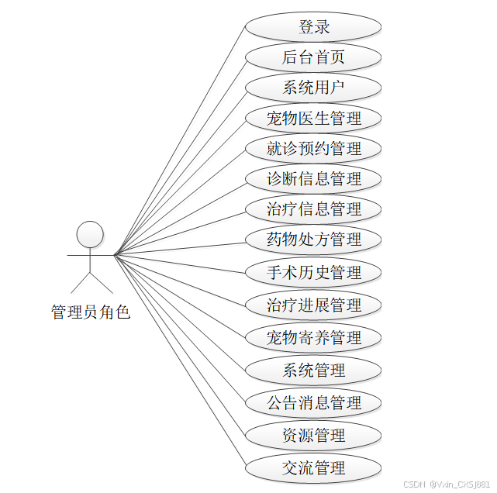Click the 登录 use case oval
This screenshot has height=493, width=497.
(x=313, y=27)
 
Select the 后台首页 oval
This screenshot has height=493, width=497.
(x=313, y=57)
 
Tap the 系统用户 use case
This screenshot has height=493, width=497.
(x=313, y=88)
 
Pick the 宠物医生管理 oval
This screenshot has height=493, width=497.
(x=313, y=119)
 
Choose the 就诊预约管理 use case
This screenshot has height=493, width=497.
(x=313, y=148)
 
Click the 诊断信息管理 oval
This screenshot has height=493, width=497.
(x=313, y=179)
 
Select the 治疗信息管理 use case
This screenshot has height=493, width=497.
(x=313, y=209)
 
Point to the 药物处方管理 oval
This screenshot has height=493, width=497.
(x=313, y=240)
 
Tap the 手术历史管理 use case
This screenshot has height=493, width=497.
(x=313, y=273)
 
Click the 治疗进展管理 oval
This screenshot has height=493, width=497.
(x=313, y=305)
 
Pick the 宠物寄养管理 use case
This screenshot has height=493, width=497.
(x=313, y=338)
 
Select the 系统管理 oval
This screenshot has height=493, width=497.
(x=313, y=371)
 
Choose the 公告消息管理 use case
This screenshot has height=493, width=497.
(x=313, y=403)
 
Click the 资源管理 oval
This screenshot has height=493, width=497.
(x=313, y=436)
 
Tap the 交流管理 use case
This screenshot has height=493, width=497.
(x=313, y=468)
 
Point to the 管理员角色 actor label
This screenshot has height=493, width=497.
(x=90, y=312)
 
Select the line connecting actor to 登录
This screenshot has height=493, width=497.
(x=180, y=140)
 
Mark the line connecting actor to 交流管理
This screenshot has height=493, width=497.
(x=180, y=361)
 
